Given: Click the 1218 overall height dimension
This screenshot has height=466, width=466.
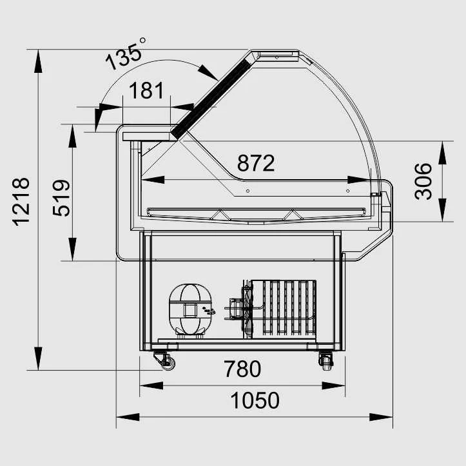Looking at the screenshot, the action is [21, 202].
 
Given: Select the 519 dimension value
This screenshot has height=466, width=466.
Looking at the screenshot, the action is [61, 198].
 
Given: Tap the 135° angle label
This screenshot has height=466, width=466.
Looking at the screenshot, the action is [125, 55].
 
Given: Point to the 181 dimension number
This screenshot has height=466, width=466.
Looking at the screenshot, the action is [146, 90].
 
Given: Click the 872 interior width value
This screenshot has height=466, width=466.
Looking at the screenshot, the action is [256, 163].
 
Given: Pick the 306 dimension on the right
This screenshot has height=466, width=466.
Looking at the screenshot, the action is [423, 181].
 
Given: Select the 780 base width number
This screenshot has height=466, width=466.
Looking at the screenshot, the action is [242, 369].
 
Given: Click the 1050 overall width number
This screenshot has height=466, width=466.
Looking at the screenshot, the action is [255, 400].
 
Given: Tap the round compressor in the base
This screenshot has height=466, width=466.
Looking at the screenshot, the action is [191, 310].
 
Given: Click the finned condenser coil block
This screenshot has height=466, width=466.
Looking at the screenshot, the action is [283, 309].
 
